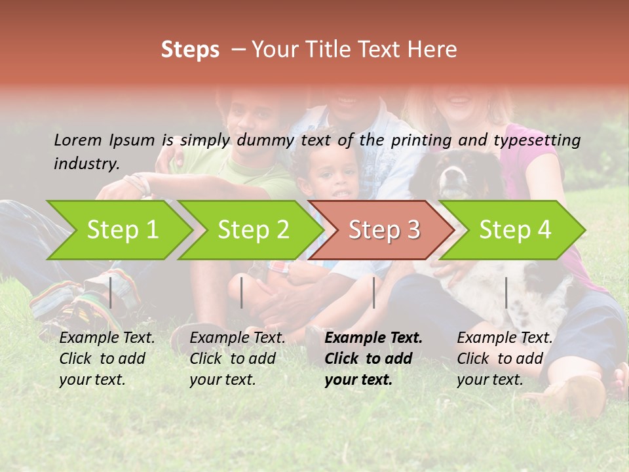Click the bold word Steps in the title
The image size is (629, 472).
190,50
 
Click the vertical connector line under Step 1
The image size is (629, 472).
111,292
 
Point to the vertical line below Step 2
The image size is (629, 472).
242,292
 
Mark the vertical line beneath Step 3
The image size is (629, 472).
373,292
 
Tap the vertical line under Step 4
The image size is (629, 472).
506,292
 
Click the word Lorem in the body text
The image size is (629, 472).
77,140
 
